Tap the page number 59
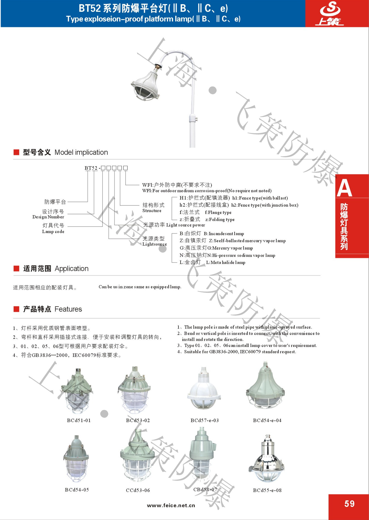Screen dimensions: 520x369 point(349,504)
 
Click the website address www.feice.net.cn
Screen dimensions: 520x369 point(171,505)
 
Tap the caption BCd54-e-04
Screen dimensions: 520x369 point(267,420)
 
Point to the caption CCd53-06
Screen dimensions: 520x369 point(138,490)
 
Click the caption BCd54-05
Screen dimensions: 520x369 point(77,490)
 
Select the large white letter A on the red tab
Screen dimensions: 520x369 point(344,188)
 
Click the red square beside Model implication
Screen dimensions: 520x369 point(16,152)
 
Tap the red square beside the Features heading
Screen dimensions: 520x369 point(16,309)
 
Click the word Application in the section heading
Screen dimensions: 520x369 point(71,269)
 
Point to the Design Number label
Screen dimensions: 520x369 point(48,217)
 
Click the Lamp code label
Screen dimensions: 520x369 point(53,232)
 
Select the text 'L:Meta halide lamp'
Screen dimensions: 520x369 point(226,262)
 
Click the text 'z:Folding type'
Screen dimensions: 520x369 point(220,219)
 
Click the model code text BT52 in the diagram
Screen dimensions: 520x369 point(91,168)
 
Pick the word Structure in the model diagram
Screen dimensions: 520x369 point(152,211)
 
